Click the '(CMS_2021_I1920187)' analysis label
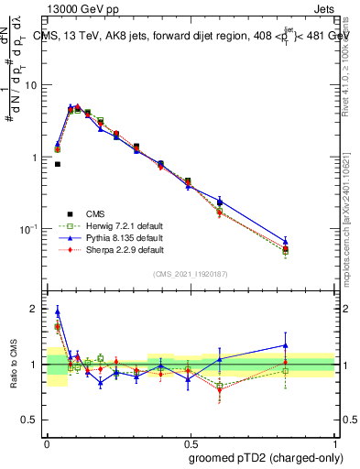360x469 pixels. pos(191,274)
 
